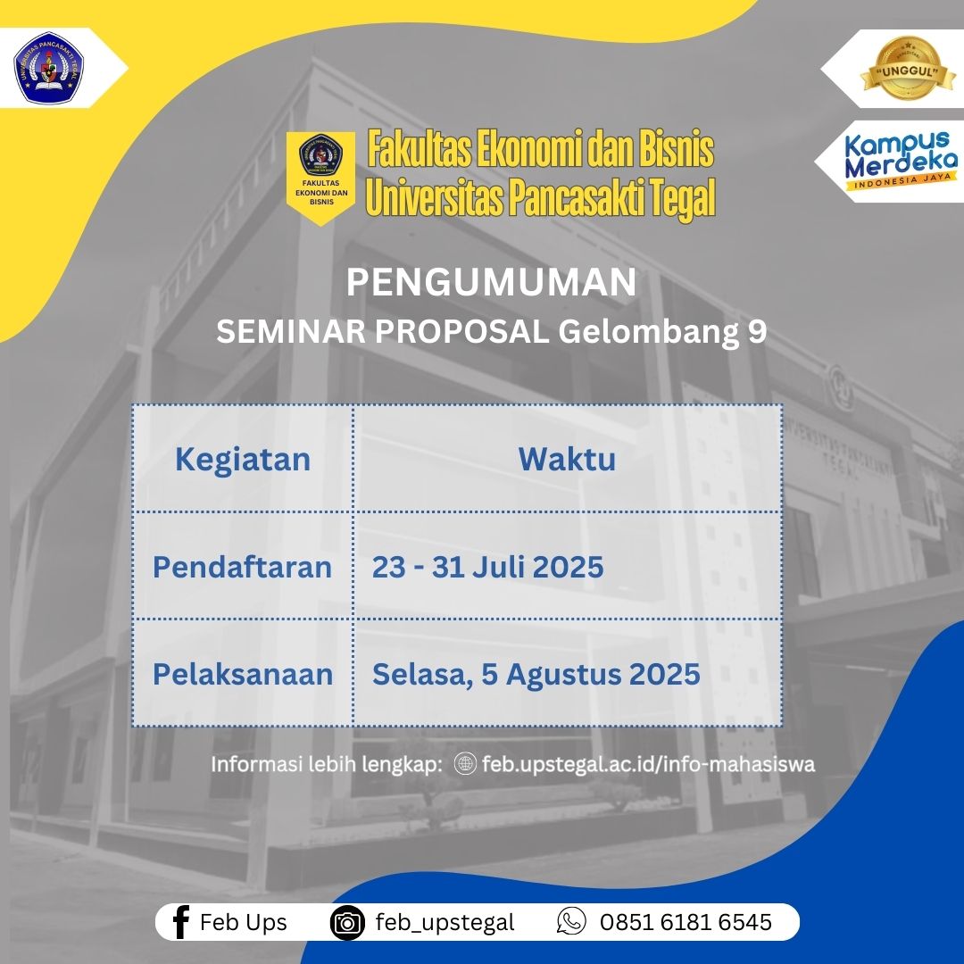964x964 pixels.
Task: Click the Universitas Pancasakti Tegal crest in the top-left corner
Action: tap(48, 68)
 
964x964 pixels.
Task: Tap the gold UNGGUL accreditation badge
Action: tap(908, 69)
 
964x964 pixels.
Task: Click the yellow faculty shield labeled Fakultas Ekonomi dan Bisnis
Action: tap(321, 177)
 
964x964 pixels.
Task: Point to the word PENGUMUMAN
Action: tap(491, 282)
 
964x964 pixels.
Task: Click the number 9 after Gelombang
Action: tap(758, 331)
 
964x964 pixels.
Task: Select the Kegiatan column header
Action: tap(243, 460)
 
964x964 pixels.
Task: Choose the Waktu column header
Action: tap(567, 460)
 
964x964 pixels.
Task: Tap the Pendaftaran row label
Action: tap(242, 567)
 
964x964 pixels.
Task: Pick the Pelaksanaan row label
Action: tap(243, 674)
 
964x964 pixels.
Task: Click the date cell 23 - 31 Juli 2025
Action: tap(487, 567)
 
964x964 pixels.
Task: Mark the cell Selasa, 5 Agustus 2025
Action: tap(536, 675)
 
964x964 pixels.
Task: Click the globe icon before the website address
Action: tap(465, 763)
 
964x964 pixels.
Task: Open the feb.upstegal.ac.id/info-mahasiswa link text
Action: tap(649, 764)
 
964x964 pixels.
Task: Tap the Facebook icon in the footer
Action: tap(180, 922)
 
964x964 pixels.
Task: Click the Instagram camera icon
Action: tap(347, 922)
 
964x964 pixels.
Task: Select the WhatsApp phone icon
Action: tap(571, 921)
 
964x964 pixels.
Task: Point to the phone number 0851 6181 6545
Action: tap(686, 922)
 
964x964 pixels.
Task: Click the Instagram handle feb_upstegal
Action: tap(445, 923)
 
